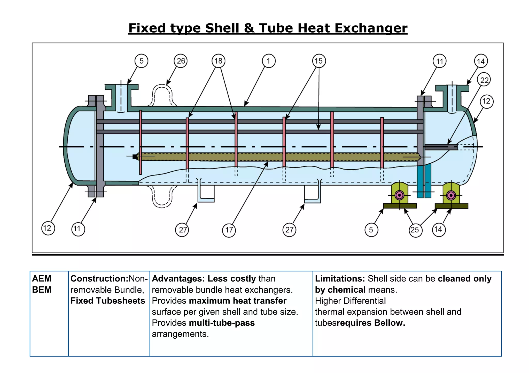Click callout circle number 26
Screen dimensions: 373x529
181,61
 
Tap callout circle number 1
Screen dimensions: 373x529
269,61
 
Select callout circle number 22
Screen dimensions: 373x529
484,80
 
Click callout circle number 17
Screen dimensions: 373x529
229,230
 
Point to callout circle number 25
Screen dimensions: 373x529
415,230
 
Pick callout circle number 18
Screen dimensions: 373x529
218,61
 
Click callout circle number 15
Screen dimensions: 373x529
319,61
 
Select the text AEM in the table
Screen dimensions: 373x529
42,279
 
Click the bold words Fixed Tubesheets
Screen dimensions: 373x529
108,301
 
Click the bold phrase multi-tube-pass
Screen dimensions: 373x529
222,323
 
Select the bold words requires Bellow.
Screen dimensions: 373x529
371,323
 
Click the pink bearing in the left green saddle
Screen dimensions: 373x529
400,195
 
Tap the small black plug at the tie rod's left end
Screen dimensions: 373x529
135,156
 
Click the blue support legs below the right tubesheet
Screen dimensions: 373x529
424,181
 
